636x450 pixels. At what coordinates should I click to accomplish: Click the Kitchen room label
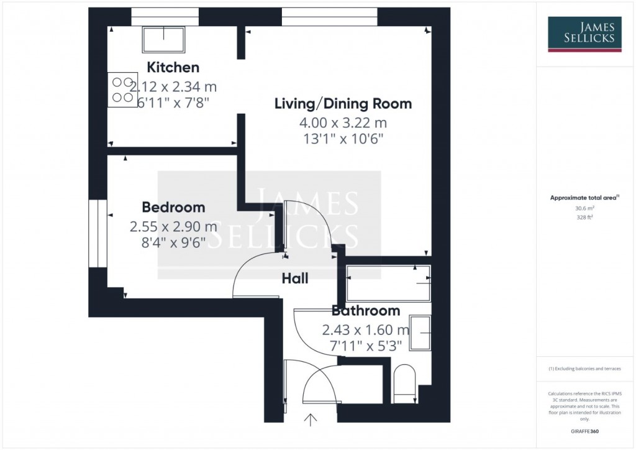(173, 67)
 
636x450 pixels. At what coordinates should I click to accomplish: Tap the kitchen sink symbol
(163, 39)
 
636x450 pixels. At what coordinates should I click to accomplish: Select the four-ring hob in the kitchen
(122, 90)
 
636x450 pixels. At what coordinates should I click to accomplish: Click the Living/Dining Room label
(343, 104)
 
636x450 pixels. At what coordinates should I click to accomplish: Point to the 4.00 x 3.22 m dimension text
(343, 122)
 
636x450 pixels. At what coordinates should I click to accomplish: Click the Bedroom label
(173, 207)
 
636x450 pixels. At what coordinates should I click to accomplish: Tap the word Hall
(295, 279)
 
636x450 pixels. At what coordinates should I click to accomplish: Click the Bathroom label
(365, 311)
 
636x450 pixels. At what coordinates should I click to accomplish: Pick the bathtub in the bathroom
(388, 283)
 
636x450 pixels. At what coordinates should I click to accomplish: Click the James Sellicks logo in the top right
(584, 34)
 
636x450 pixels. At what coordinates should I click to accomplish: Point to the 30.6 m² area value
(584, 209)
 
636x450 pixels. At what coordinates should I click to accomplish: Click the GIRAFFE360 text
(584, 431)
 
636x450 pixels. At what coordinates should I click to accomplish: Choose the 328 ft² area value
(584, 218)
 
